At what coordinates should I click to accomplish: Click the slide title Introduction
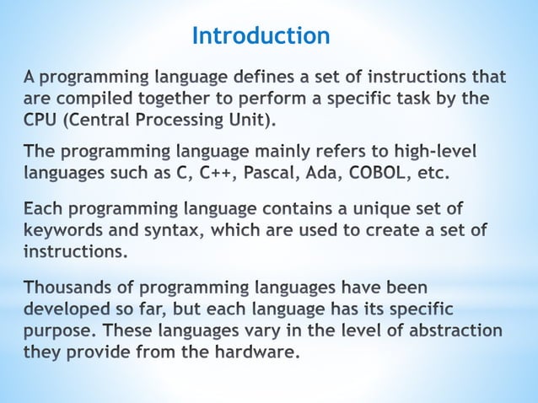pos(261,35)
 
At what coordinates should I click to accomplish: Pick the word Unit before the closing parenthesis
pos(250,119)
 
